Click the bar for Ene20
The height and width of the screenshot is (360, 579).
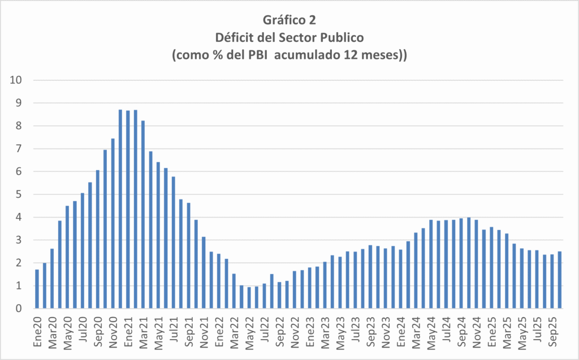coord(37,289)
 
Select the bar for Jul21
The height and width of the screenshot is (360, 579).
coord(174,242)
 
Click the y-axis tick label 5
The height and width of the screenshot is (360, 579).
coord(19,194)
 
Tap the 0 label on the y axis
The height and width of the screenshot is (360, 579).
coord(19,309)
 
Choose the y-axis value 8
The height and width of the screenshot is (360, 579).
coord(19,126)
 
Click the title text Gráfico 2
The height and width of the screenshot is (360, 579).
coord(289,20)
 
